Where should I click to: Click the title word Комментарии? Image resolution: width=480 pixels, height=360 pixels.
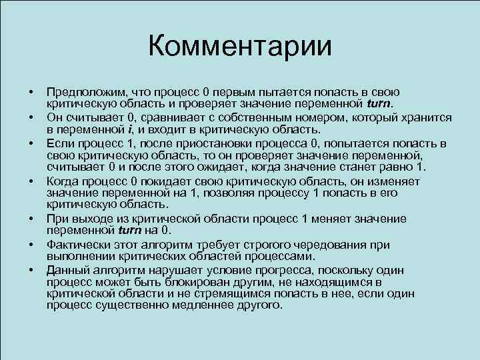pyautogui.click(x=240, y=46)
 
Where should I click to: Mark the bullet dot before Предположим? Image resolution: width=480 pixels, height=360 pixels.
pyautogui.click(x=31, y=91)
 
